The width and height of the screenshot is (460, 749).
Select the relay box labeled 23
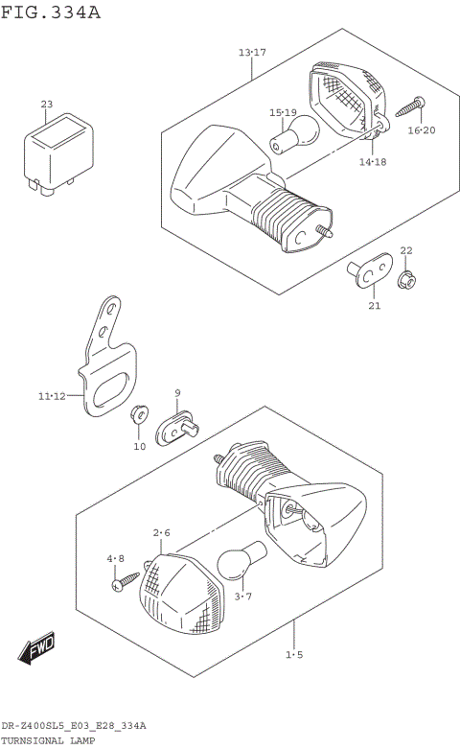click(x=59, y=151)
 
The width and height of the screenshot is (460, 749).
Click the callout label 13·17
click(x=252, y=52)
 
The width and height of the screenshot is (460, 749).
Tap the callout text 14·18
click(x=373, y=163)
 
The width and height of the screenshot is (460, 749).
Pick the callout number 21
click(x=374, y=306)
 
